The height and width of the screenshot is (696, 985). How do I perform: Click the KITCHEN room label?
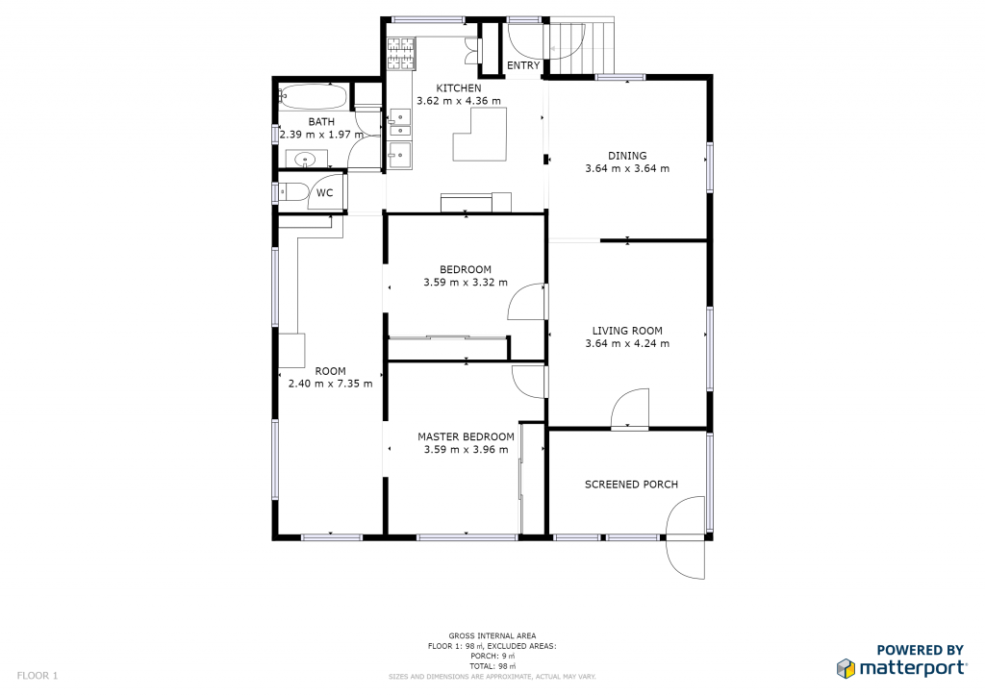coord(459,88)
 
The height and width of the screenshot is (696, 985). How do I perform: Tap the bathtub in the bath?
coord(313,97)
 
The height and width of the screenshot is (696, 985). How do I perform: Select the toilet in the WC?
coord(292,191)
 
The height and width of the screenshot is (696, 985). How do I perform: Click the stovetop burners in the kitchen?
coord(401,53)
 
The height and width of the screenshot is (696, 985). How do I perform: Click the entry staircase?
coord(582,46)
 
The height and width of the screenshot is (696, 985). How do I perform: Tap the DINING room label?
coord(627,156)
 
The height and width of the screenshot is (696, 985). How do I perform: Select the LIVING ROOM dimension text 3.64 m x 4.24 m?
coord(627,343)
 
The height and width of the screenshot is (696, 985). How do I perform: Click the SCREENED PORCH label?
coord(631,485)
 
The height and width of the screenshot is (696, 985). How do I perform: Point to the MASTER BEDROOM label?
coord(466,436)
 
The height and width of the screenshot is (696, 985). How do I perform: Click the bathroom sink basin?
coord(306,159)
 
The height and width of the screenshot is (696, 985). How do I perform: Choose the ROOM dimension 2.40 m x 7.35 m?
coord(330,384)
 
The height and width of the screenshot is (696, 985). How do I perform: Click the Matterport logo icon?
coord(846,668)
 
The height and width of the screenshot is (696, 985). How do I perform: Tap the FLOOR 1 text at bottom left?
coord(38,676)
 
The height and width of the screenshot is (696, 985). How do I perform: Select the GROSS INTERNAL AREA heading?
coord(492,635)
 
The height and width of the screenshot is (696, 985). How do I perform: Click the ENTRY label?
coord(523,65)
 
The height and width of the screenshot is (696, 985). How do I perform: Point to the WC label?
coord(324,192)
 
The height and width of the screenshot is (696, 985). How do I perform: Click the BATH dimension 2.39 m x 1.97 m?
coord(321,135)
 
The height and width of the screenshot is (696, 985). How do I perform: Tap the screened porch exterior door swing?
coord(685,537)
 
